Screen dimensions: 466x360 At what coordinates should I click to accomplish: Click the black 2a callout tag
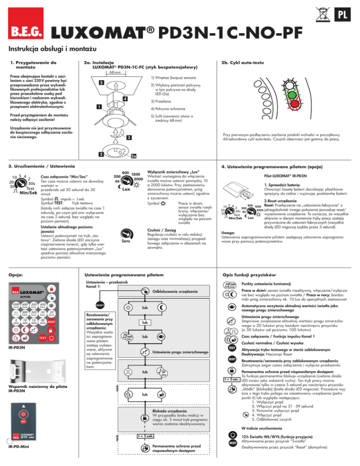[133, 157]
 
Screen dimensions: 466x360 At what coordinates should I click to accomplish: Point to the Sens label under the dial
[126, 241]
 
